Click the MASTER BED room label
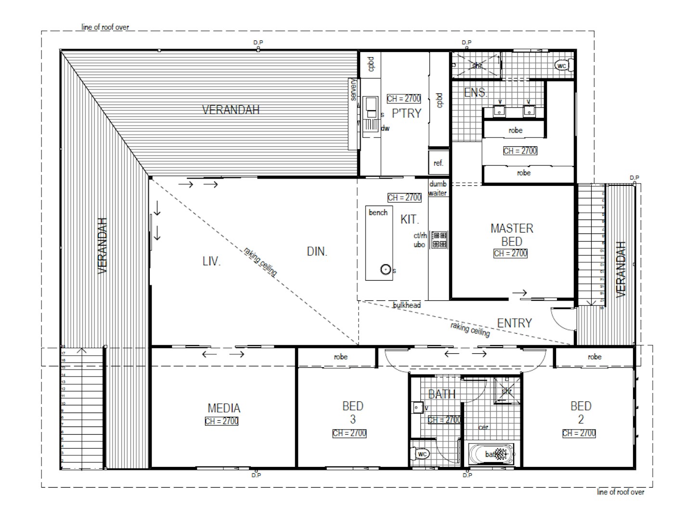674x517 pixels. click(511, 234)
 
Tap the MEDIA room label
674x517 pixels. click(224, 408)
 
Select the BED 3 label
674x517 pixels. click(352, 412)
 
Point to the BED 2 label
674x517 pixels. click(580, 412)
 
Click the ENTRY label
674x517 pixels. click(514, 323)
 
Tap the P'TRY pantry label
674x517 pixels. click(406, 113)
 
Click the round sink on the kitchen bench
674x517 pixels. click(386, 270)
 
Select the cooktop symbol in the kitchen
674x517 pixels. click(439, 240)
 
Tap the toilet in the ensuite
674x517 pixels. click(562, 65)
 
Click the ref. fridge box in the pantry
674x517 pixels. click(438, 163)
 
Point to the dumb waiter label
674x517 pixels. click(438, 188)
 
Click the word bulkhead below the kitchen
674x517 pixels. click(406, 305)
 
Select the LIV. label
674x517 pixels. click(211, 261)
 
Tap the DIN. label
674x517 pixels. click(317, 251)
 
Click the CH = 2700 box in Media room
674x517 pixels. click(221, 421)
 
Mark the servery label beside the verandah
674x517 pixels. click(353, 90)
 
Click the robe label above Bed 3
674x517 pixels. click(340, 357)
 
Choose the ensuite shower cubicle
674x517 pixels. click(476, 65)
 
